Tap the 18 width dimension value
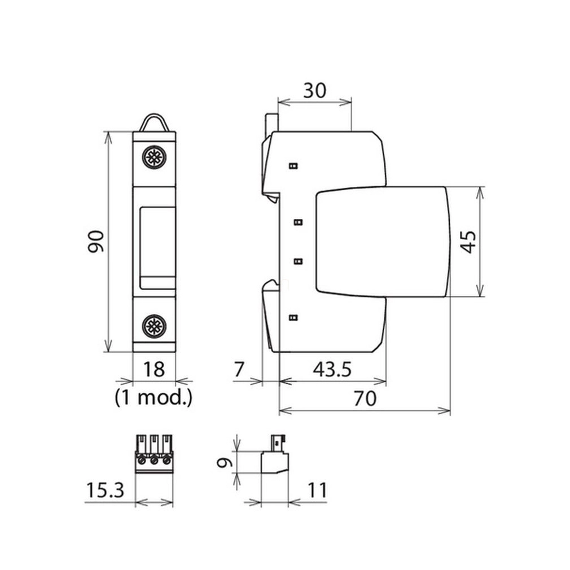pyautogui.click(x=154, y=369)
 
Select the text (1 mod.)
pyautogui.click(x=154, y=397)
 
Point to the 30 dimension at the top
pyautogui.click(x=315, y=90)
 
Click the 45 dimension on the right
pyautogui.click(x=468, y=242)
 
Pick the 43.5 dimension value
pyautogui.click(x=332, y=370)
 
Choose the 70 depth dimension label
pyautogui.click(x=365, y=398)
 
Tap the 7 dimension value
pyautogui.click(x=239, y=370)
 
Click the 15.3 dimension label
pyautogui.click(x=105, y=490)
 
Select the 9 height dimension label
pyautogui.click(x=224, y=462)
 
